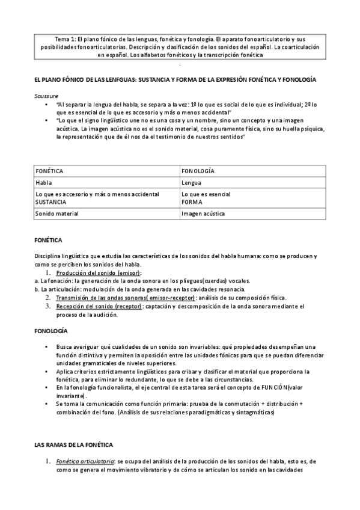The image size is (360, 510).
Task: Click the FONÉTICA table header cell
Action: click(x=50, y=171)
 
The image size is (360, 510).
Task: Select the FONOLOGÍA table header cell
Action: click(x=198, y=171)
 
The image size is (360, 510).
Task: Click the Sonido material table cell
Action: click(x=57, y=214)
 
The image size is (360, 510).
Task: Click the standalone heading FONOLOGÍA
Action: click(x=50, y=331)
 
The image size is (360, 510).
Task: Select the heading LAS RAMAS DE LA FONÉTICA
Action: click(x=73, y=444)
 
